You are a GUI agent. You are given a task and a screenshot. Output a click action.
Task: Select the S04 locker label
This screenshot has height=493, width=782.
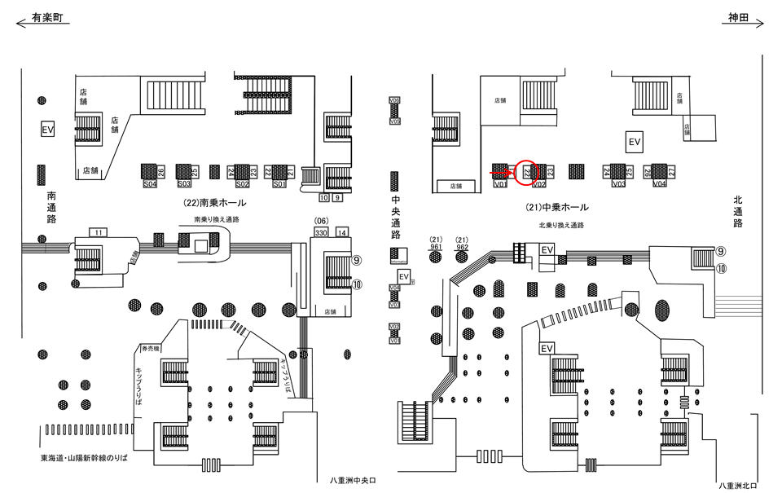[x=149, y=185]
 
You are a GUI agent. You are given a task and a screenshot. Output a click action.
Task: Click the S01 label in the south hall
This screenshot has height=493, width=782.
[x=279, y=185]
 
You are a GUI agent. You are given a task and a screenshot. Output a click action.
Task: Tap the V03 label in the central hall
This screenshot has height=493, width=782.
[x=619, y=185]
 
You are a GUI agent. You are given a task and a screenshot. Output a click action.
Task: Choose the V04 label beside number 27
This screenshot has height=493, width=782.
[x=660, y=185]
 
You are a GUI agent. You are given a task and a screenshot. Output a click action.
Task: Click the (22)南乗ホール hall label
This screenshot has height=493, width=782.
[x=211, y=204]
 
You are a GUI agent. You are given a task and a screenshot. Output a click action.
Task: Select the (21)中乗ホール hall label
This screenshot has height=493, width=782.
[x=558, y=208]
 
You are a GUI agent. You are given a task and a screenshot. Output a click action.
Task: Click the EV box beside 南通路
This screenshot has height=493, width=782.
[x=47, y=130]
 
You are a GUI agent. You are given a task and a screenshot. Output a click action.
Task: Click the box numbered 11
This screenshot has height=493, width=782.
[x=99, y=233]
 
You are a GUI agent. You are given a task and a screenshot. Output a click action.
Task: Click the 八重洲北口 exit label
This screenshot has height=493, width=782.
[x=739, y=486]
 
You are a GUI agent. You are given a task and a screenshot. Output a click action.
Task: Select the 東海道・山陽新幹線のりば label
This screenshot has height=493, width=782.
[x=85, y=458]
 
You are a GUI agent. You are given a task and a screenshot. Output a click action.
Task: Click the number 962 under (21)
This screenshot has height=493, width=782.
[x=463, y=247]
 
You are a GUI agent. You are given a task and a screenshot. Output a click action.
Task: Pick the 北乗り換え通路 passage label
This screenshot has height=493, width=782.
[x=562, y=225]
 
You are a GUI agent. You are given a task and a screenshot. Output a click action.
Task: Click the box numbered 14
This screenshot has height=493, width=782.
[x=342, y=232]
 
